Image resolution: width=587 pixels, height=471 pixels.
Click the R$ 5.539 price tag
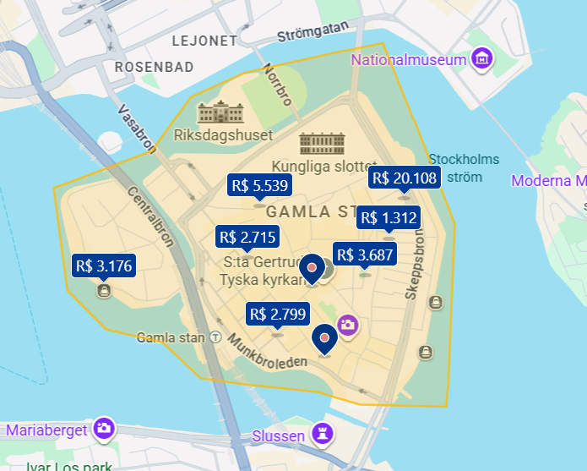[259, 185]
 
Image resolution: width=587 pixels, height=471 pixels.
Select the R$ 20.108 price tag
[404, 178]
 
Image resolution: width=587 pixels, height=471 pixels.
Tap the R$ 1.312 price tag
[389, 218]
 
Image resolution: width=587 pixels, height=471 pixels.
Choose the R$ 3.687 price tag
[365, 254]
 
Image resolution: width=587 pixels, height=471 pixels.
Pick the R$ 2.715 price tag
[247, 237]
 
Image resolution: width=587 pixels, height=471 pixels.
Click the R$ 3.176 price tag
[103, 266]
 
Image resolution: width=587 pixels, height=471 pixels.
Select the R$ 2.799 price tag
[276, 315]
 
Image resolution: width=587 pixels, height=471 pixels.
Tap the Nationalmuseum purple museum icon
[482, 59]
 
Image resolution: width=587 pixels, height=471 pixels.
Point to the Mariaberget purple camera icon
[104, 429]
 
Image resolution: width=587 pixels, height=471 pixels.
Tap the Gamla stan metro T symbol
[215, 337]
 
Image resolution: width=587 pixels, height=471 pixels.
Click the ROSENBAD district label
[154, 66]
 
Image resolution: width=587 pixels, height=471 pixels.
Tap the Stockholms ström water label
[464, 167]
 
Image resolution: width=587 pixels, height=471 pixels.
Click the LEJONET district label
[204, 40]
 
